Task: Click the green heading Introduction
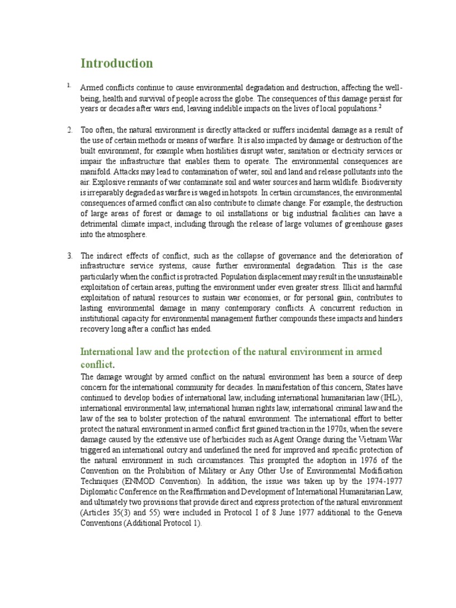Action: (116, 63)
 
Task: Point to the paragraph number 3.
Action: (69, 256)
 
